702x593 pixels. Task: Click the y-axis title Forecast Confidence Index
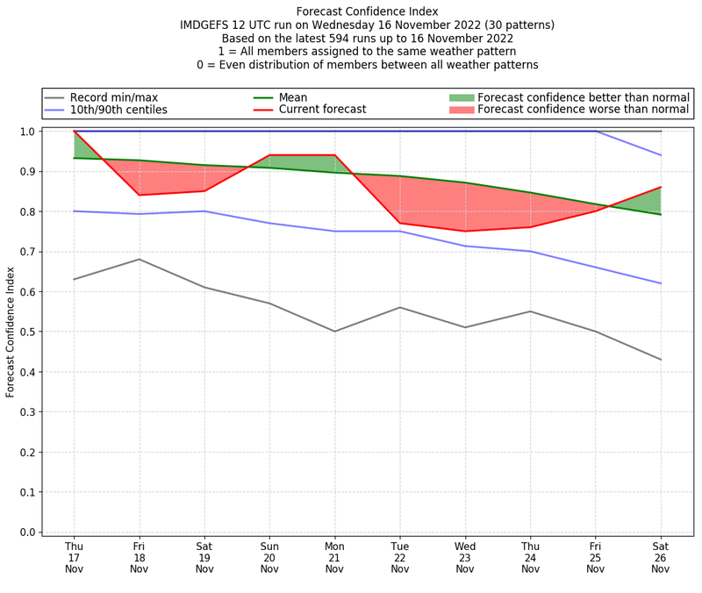(x=11, y=332)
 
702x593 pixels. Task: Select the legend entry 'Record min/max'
(x=113, y=97)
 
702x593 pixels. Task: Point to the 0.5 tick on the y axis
(x=26, y=332)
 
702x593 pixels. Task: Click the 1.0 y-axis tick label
(x=26, y=132)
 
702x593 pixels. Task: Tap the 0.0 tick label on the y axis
(x=26, y=532)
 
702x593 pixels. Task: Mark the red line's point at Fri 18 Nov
(x=139, y=195)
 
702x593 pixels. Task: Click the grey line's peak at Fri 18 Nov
(x=139, y=259)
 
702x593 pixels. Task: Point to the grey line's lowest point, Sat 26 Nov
(x=661, y=360)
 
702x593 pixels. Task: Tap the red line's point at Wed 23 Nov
(x=465, y=231)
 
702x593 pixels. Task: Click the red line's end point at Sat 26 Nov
(x=661, y=187)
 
